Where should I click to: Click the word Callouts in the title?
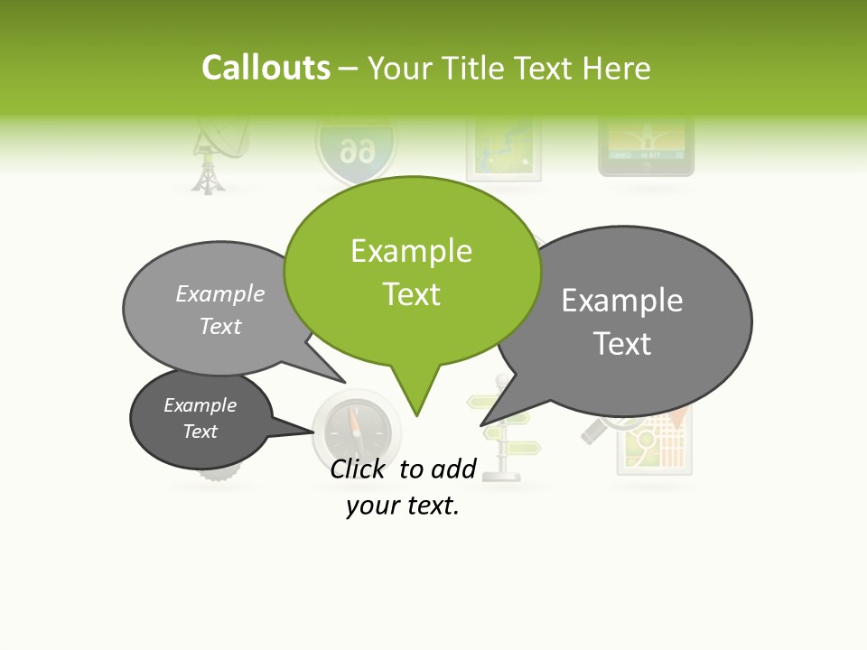coord(266,68)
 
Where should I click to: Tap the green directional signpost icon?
coord(506,433)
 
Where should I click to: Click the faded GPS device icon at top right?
coord(647,149)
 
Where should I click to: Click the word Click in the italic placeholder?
coord(360,469)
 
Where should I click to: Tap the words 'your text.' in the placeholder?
coord(403,506)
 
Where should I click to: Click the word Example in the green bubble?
coord(411,251)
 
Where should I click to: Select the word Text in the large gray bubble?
coord(622,344)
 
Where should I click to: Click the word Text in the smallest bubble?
coord(200,432)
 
